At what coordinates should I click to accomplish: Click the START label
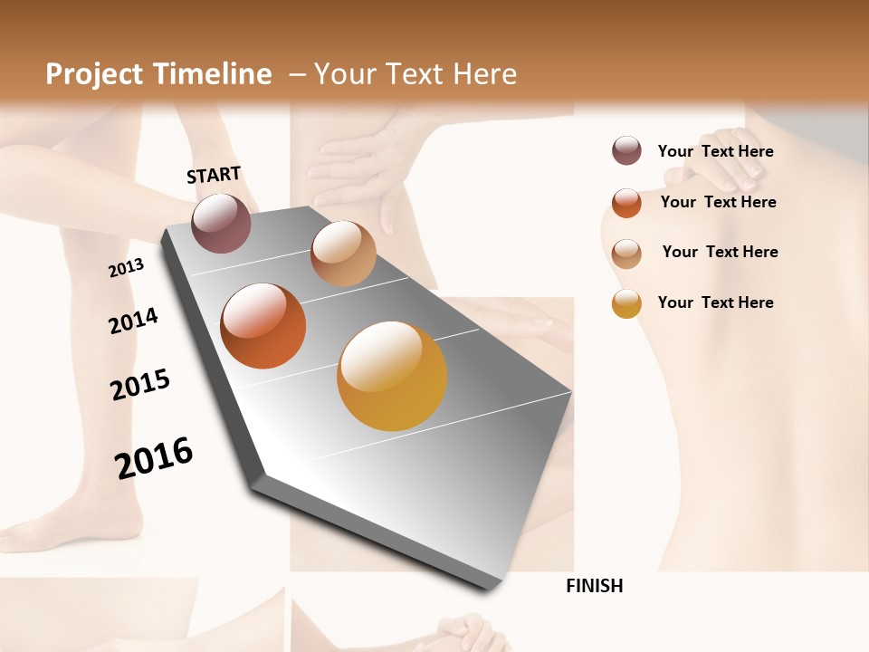click(214, 175)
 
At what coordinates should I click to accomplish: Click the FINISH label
click(595, 586)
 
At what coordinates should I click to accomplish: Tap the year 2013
click(126, 268)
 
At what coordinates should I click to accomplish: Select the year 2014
click(133, 321)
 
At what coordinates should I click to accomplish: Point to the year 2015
click(140, 385)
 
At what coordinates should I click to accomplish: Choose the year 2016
click(154, 457)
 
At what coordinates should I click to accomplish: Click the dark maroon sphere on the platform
click(221, 223)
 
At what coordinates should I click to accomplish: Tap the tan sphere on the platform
click(343, 254)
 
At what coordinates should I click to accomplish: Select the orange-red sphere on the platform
click(263, 326)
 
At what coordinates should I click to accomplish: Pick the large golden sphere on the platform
click(392, 376)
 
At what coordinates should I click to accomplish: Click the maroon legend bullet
click(626, 150)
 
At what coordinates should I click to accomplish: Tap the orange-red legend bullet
click(626, 203)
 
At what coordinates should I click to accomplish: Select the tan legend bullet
click(626, 254)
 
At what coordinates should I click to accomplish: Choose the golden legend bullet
click(626, 303)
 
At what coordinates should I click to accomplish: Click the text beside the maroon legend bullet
click(715, 151)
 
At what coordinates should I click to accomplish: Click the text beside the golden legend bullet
click(715, 302)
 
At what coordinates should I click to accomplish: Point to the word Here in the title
click(485, 74)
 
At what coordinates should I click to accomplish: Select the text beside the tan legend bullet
click(720, 252)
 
